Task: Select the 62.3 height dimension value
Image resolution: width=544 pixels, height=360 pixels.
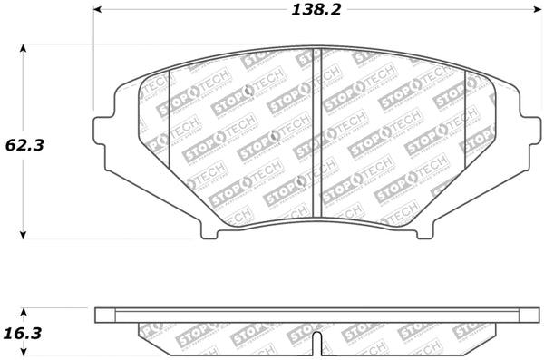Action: pyautogui.click(x=24, y=144)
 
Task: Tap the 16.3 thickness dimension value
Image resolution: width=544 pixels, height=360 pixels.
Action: pyautogui.click(x=24, y=333)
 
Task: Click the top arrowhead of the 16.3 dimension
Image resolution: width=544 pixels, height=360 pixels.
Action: pyautogui.click(x=24, y=311)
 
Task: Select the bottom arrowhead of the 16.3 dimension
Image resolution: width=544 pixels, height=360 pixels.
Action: pyautogui.click(x=24, y=355)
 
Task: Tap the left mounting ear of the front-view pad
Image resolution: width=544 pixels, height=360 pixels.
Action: pyautogui.click(x=103, y=124)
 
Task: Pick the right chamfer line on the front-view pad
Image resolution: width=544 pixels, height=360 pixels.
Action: pyautogui.click(x=463, y=118)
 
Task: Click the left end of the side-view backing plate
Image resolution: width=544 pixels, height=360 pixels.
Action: pyautogui.click(x=98, y=316)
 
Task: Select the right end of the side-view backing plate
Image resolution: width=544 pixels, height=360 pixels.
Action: pyautogui.click(x=536, y=316)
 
